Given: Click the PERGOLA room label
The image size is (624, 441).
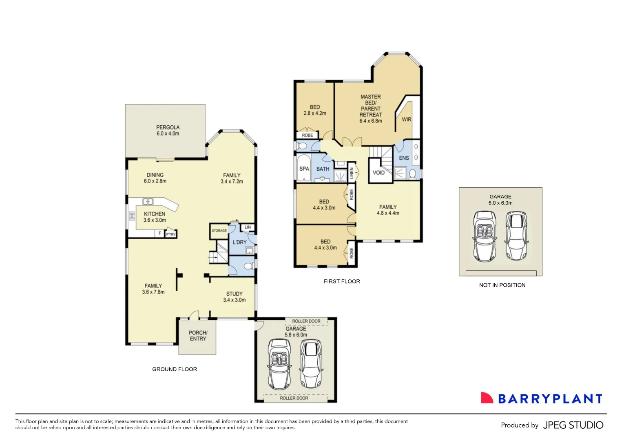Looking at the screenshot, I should pos(168,130).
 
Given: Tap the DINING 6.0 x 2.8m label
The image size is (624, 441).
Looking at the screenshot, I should pos(155,178).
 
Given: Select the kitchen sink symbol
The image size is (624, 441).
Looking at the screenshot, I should pos(148,201).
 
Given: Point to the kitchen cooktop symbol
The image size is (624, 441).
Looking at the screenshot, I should pos(132,216).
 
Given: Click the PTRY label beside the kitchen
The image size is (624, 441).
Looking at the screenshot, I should pos(171,234).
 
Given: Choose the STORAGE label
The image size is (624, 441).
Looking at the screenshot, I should pos(219,231).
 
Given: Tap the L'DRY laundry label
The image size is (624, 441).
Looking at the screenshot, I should pos(239,242).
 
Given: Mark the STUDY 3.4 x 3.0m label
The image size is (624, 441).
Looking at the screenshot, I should pos(235,297).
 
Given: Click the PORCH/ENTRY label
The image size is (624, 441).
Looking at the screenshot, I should pos(198,336).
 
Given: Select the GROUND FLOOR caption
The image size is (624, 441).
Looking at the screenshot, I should pos(175,369).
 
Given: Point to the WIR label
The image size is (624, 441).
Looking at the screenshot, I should pos(407,119).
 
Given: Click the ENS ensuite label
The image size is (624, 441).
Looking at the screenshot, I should pos(404,158).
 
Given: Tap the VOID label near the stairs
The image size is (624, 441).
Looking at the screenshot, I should pos(378,172).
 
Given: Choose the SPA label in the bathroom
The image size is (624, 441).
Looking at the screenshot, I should pos(304,169).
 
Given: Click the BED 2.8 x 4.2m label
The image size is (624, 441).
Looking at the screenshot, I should pos(314,110).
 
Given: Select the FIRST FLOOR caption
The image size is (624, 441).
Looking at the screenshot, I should pos(342,281).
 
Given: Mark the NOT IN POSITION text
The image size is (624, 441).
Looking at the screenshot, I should pos(502,285).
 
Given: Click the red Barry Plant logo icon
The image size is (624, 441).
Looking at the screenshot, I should pos(487,398).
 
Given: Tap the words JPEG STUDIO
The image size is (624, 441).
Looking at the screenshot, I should pos(573,425).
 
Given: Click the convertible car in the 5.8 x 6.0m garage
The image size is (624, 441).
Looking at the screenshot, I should pos(279,364).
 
